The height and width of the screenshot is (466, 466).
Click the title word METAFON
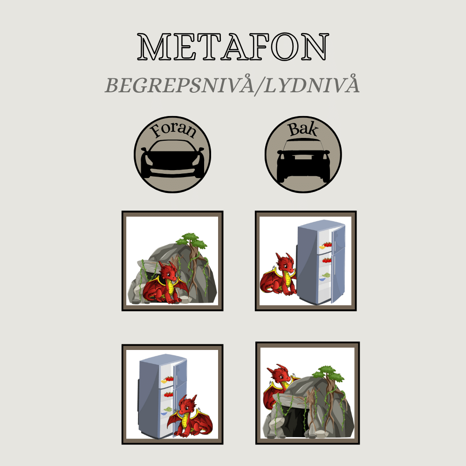(233, 47)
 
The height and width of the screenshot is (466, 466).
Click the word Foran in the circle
(173, 130)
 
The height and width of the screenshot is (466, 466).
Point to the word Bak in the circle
(303, 129)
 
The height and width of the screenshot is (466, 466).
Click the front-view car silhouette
(172, 159)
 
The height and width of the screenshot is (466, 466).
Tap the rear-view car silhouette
(303, 160)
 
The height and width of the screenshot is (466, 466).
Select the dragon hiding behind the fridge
(278, 275)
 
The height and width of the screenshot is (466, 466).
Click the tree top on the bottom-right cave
(329, 373)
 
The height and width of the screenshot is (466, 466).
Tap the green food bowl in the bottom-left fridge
(168, 409)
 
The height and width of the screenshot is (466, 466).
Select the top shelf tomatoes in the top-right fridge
(327, 244)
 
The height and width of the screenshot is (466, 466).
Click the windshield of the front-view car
(172, 145)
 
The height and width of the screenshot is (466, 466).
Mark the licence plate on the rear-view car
(303, 157)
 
